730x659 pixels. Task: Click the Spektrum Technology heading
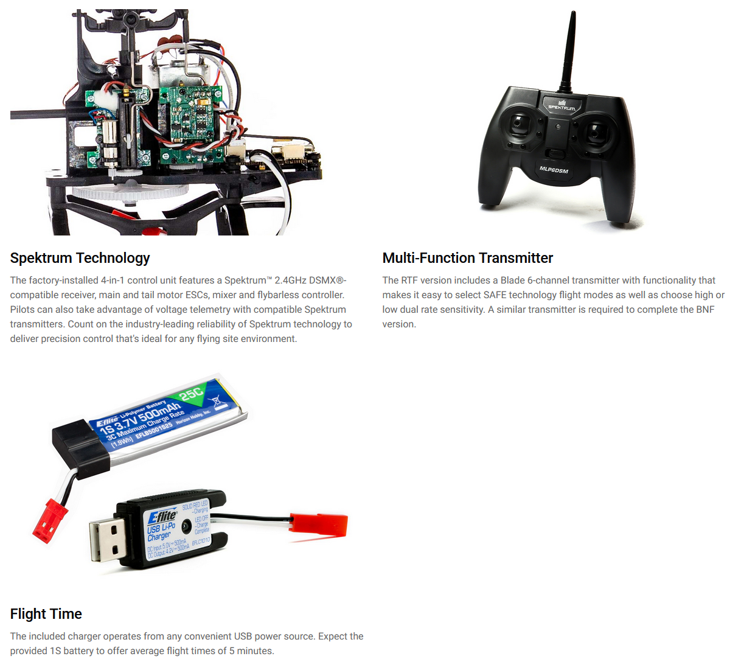click(80, 258)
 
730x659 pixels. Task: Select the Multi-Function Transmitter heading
click(467, 258)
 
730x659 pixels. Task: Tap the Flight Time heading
click(46, 614)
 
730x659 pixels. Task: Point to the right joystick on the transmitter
click(595, 130)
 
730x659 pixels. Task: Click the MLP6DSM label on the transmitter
click(554, 170)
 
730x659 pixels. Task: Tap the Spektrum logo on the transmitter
click(561, 105)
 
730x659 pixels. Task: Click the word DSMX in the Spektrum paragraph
click(320, 281)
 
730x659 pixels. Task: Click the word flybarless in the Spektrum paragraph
click(279, 295)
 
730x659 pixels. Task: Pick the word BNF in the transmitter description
click(704, 310)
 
